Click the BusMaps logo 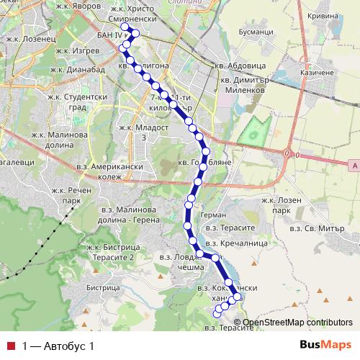click(325, 345)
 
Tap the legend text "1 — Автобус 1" click(59, 346)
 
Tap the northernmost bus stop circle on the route click(124, 27)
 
